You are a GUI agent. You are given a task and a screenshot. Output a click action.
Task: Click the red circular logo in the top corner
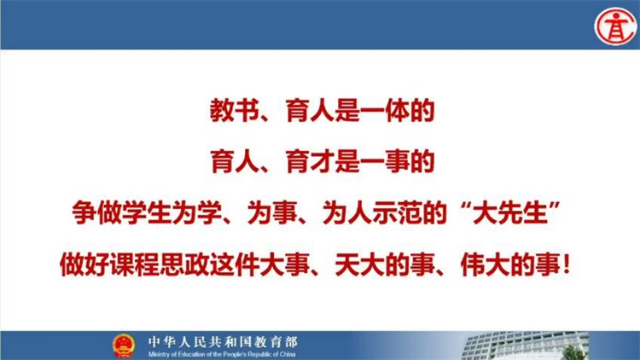click(615, 26)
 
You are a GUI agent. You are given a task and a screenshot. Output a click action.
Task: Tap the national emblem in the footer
click(123, 345)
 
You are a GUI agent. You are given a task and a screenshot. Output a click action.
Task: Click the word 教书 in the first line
click(235, 111)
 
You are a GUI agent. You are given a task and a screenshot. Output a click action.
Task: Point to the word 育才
click(311, 161)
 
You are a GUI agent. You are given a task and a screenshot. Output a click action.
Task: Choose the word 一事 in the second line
click(385, 161)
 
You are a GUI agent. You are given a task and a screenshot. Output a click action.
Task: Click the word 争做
click(97, 212)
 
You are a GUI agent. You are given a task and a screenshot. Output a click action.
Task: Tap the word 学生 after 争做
click(147, 212)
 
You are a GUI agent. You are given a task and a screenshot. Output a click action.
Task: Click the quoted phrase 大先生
click(509, 212)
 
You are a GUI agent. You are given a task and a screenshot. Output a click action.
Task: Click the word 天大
click(359, 264)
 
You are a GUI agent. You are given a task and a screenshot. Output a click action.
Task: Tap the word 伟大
click(485, 264)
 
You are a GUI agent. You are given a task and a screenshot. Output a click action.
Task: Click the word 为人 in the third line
click(347, 212)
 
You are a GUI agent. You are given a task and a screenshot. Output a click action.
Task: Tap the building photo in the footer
click(526, 345)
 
